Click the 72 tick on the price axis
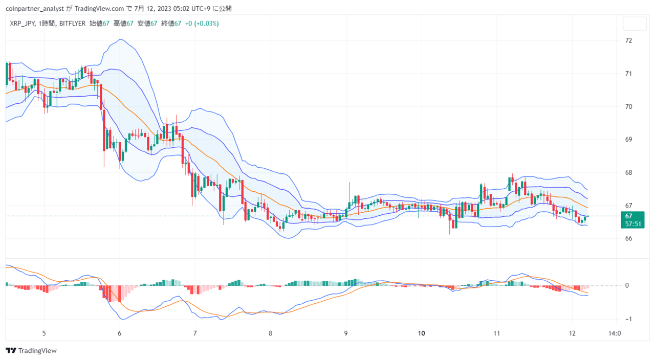pos(628,40)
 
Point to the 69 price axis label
pos(628,140)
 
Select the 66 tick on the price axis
pos(628,238)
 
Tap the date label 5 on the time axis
pos(44,333)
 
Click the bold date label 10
pos(421,333)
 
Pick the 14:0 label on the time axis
pos(615,333)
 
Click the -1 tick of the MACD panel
pos(628,319)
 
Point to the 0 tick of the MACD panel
pos(627,285)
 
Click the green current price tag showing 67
pos(632,220)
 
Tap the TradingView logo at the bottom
pos(31,350)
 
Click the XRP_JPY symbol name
pos(22,24)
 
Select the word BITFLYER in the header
pos(72,24)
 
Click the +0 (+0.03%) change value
pos(202,24)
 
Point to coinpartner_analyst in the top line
pos(35,9)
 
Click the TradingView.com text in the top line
pos(99,9)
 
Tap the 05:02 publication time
pos(181,9)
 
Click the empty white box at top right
pos(635,24)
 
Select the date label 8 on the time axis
pos(271,333)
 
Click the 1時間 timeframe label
pos(46,24)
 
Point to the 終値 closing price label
pos(167,24)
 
